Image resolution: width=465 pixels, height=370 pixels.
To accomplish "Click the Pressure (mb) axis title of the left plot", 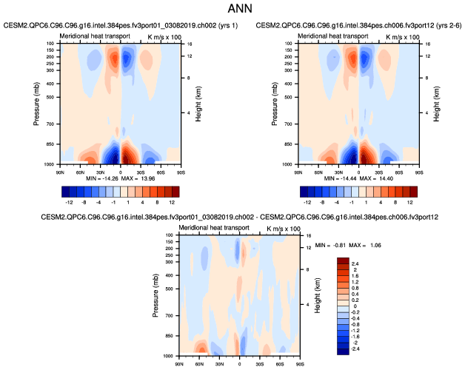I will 38,103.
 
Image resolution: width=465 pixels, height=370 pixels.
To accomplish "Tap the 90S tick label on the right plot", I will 419,172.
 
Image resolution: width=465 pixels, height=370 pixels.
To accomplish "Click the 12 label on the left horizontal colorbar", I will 172,201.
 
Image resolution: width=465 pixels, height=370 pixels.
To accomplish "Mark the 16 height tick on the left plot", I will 188,44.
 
